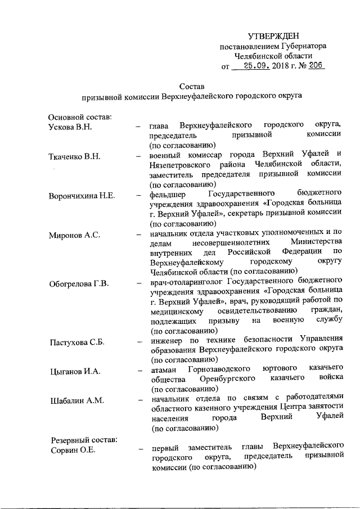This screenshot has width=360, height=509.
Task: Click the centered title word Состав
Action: coord(190,86)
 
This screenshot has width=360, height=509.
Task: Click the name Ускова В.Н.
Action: coord(70,126)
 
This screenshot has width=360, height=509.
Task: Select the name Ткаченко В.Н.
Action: coord(74,156)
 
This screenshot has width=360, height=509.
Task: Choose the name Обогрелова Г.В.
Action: coord(78,281)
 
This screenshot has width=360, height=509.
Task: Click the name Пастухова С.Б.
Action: coord(77,341)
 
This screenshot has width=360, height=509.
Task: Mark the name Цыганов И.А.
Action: coord(74,371)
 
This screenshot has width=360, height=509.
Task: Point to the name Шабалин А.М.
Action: coord(74,400)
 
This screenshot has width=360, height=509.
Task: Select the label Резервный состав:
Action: coord(84,439)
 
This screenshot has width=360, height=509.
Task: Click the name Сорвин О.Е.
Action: coord(71,449)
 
